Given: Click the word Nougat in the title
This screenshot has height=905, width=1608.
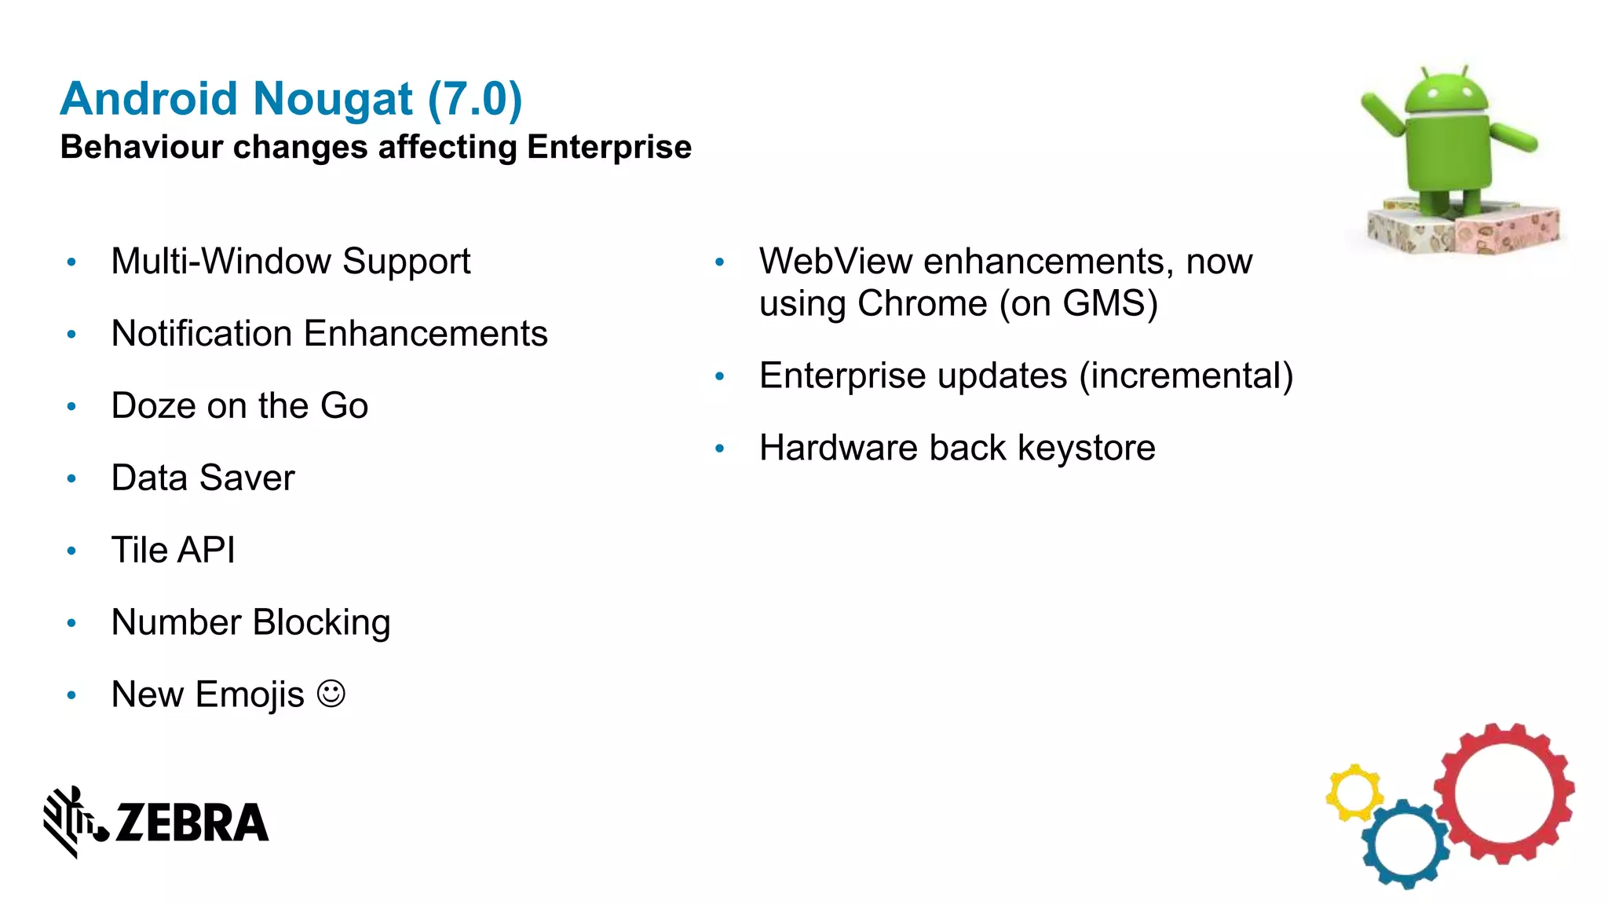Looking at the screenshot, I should pos(332,100).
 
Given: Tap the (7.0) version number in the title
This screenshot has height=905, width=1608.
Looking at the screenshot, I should pos(475,99).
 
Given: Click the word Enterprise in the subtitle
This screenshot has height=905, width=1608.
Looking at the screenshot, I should pos(609,147).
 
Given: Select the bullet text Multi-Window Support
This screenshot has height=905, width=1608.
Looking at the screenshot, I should pos(291,262).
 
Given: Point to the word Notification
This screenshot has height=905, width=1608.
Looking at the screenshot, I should pos(202,333).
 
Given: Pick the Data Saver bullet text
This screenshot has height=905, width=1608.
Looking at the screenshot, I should pos(203,478).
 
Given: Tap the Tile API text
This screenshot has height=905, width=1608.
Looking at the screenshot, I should pos(173,550).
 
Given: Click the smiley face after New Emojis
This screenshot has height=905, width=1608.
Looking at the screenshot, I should pos(331,694).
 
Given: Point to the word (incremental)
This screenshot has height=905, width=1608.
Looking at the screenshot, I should pos(1186,376).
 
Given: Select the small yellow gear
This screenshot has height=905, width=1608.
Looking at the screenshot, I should pos(1354,793).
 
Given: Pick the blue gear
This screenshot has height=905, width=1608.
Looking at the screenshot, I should pos(1405,844).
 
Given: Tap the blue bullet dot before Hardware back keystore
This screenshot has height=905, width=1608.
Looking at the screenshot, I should pos(719,449).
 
